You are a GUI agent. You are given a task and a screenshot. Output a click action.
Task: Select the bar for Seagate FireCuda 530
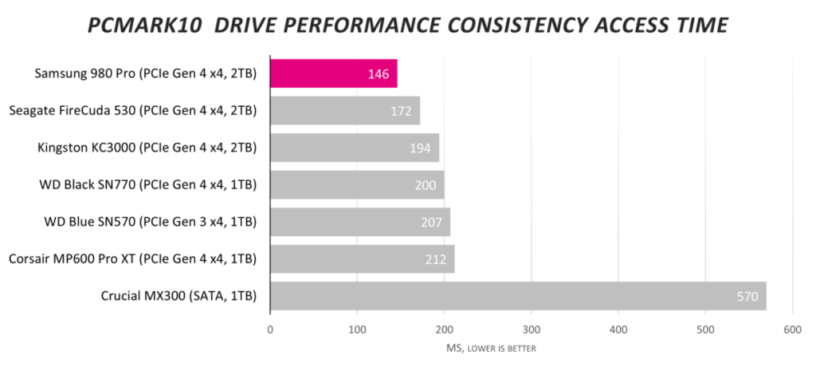(344, 111)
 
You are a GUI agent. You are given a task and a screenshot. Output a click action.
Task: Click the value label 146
(378, 74)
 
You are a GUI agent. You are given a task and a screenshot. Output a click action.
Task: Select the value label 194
(420, 148)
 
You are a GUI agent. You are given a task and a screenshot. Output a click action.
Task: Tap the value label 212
(435, 259)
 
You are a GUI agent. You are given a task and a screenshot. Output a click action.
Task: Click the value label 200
(426, 185)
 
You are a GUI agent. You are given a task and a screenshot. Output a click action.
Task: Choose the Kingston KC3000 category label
(147, 148)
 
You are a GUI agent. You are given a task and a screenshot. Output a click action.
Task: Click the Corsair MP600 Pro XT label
(132, 259)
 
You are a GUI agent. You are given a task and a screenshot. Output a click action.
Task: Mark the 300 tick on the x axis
(532, 329)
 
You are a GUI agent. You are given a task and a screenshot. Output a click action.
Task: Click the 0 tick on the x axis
(271, 329)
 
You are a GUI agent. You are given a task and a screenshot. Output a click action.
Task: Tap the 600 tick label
(792, 329)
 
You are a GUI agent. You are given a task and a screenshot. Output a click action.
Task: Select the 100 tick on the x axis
(358, 329)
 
